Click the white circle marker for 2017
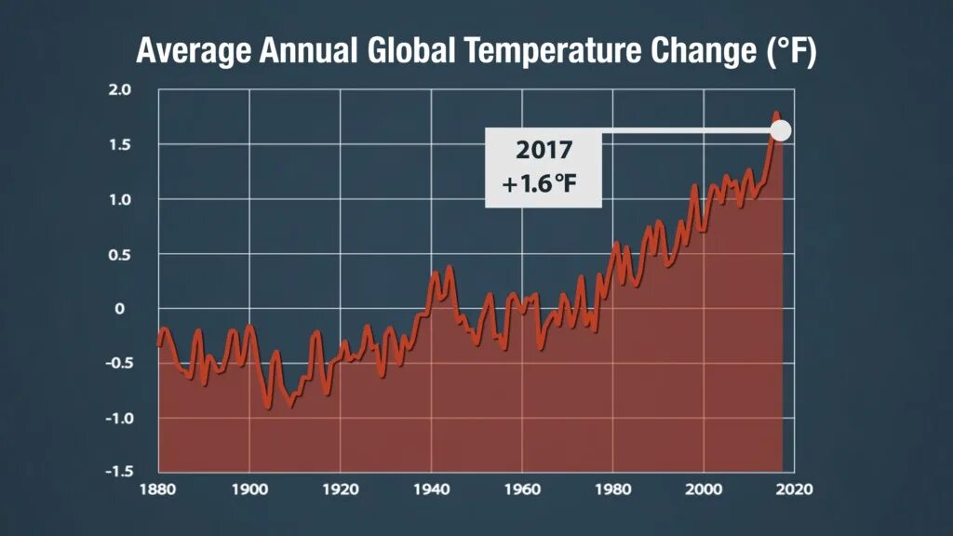(x=780, y=130)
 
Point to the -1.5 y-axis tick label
(x=117, y=471)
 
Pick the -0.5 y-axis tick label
(x=117, y=363)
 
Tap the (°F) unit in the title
(x=791, y=51)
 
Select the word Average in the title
(x=193, y=51)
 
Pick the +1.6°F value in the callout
(x=540, y=184)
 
